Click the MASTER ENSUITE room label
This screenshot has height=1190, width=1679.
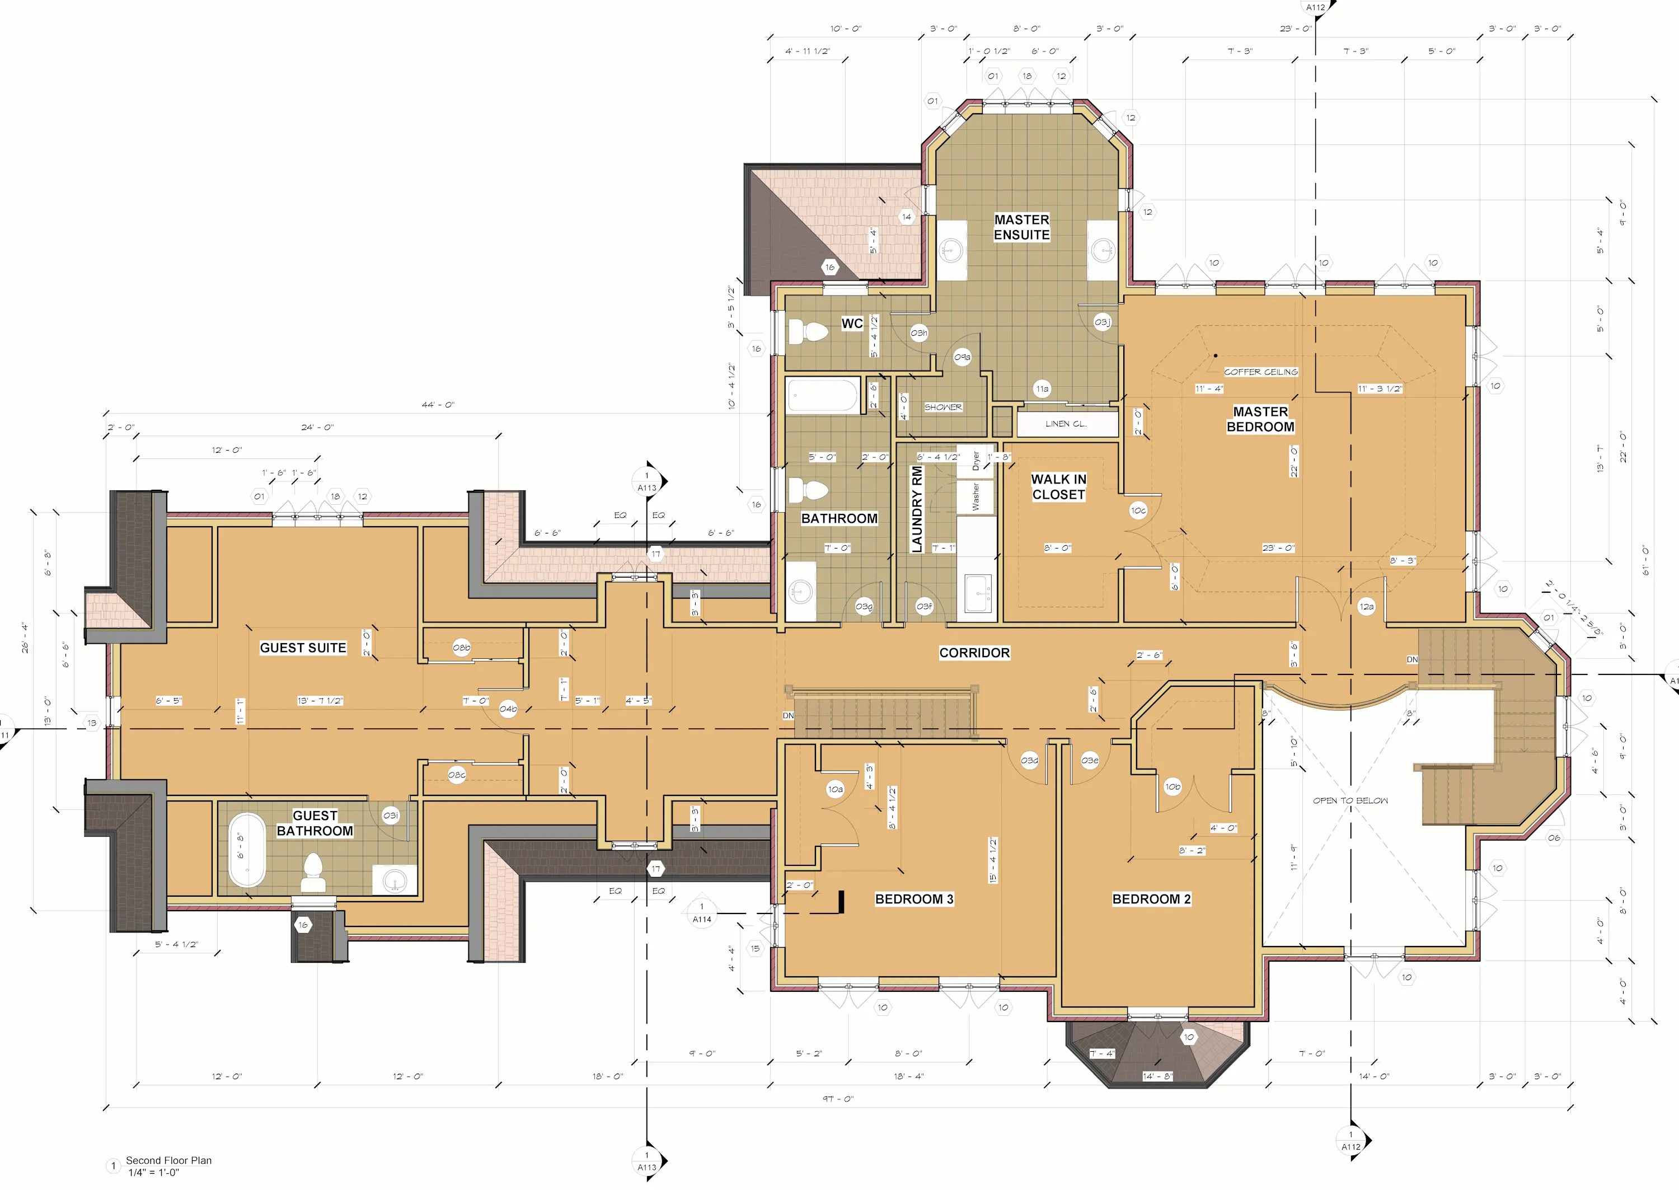[1021, 227]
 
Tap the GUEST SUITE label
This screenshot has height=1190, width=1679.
[303, 648]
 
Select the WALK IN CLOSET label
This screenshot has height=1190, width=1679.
[1058, 486]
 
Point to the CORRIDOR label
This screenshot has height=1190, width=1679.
[974, 653]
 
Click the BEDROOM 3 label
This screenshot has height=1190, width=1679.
[914, 899]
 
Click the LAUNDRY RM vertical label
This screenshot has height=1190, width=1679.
[916, 509]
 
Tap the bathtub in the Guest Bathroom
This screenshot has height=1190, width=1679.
[247, 850]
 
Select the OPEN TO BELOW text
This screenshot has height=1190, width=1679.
[1350, 801]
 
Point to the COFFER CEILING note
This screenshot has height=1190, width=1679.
[1261, 372]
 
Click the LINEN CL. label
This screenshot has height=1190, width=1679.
[1066, 424]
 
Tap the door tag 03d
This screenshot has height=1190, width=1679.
[1029, 761]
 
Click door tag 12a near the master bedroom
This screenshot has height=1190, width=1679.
[1366, 607]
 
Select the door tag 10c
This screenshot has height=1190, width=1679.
[1138, 510]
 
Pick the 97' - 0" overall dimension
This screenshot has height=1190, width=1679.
[838, 1099]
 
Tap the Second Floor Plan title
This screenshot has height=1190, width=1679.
[168, 1161]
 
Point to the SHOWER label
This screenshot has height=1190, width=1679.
[943, 407]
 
